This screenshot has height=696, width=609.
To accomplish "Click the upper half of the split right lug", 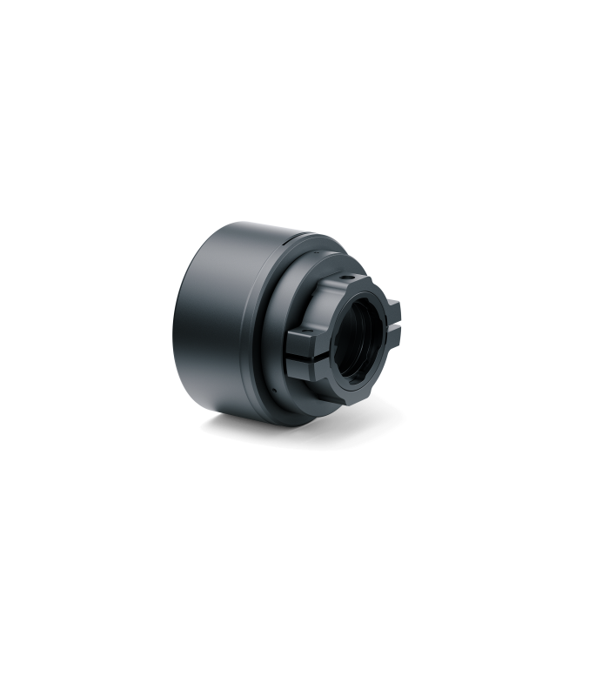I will [392, 304].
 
